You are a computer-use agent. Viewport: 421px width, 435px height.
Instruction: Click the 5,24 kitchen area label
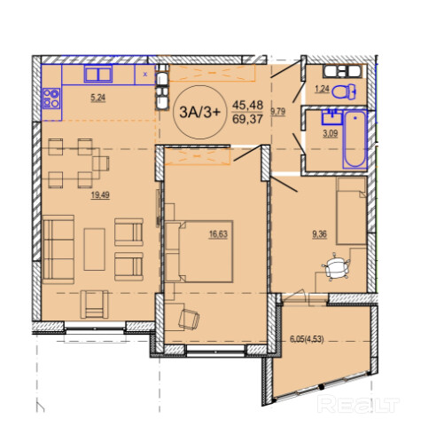98,98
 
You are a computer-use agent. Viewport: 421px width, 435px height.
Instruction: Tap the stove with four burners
51,99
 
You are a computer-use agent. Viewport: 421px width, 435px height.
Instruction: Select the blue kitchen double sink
98,74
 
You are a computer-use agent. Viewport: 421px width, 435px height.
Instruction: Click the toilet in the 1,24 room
344,91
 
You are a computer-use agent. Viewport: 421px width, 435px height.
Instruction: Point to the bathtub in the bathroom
355,139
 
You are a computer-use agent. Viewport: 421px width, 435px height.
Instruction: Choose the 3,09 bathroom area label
330,134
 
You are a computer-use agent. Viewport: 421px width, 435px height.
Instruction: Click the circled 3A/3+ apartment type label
200,112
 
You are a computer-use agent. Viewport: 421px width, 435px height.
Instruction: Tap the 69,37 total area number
247,119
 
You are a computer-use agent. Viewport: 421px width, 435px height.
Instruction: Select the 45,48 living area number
247,105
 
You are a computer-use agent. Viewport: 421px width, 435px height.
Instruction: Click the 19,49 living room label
100,195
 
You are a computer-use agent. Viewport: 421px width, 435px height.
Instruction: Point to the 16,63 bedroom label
218,234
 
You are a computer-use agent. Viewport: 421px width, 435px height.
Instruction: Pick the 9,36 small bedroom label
319,234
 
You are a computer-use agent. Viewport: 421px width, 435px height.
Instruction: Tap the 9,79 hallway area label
277,112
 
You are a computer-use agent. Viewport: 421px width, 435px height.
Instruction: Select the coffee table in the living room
94,249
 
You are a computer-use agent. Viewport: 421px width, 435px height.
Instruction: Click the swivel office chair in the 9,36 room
336,266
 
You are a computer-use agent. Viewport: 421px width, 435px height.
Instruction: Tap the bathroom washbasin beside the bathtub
331,117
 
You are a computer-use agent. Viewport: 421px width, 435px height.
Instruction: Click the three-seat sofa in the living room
58,249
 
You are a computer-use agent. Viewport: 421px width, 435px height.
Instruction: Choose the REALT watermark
358,404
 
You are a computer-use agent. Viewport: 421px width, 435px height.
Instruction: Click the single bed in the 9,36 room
351,211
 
